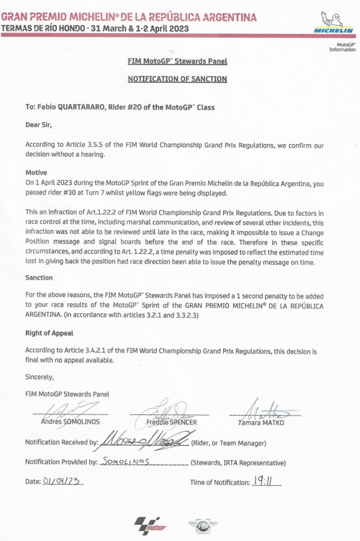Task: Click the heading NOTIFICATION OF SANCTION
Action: (177, 79)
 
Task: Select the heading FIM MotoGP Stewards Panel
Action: (177, 61)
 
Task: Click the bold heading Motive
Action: (36, 172)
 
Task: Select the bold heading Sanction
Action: (39, 278)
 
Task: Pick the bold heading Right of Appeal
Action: (49, 334)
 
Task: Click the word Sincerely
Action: (40, 377)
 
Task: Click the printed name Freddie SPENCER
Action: (171, 422)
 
